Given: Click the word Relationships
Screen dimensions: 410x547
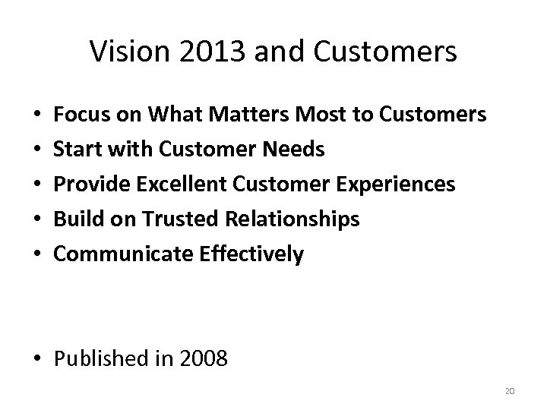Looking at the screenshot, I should point(292,219).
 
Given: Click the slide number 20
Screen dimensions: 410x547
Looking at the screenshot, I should point(510,391).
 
